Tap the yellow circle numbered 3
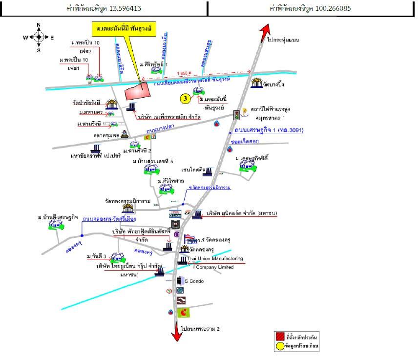click(x=185, y=99)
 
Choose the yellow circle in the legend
click(x=280, y=346)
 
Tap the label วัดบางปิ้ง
click(x=273, y=85)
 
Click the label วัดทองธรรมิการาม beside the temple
click(x=126, y=200)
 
